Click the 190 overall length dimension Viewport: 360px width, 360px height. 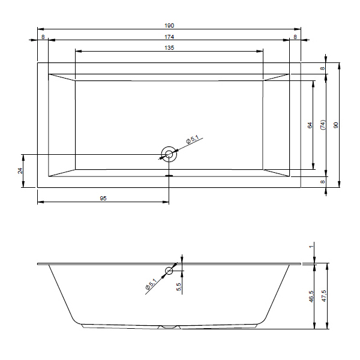pos(169,25)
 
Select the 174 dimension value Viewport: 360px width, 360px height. pos(169,37)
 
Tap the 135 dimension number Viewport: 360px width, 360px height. pos(169,48)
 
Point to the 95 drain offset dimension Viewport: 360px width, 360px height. pos(103,198)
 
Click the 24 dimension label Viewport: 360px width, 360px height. pos(20,171)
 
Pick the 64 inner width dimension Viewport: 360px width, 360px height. pos(310,125)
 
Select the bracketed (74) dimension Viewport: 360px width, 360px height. pos(323,125)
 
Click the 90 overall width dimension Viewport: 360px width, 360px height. pos(336,125)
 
